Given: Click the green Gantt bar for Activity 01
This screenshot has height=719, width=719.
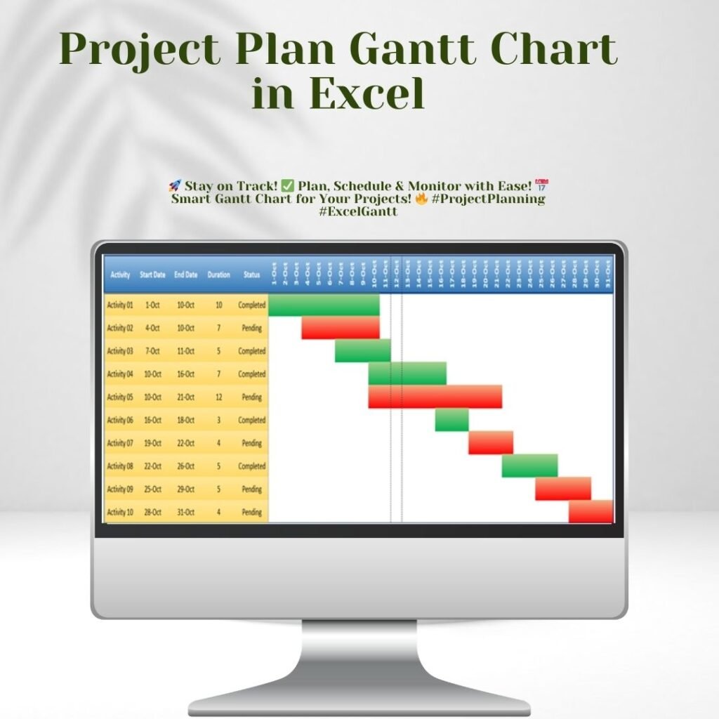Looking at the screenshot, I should click(324, 305).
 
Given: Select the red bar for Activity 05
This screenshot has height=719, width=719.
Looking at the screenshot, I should click(435, 397).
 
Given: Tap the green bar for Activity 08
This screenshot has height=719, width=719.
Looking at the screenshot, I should click(529, 466).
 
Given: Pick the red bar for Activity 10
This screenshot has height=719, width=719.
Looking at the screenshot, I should click(591, 512).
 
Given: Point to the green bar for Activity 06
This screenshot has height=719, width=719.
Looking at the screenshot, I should click(451, 420).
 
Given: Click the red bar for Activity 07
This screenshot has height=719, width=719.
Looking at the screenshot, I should click(491, 443).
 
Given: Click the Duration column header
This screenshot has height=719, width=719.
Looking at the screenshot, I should click(218, 275).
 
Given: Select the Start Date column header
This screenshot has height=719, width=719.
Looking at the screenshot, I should click(152, 275).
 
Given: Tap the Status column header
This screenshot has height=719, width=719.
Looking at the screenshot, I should click(251, 275).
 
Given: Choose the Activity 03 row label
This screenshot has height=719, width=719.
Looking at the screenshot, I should click(119, 351).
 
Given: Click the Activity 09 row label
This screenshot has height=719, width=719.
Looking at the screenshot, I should click(119, 489).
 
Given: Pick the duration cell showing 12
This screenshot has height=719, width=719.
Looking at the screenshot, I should click(218, 397).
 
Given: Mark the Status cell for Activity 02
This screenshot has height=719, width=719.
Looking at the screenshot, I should click(251, 328).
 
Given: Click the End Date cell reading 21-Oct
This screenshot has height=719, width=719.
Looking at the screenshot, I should click(185, 397).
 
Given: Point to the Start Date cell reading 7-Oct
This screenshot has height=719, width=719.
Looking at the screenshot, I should click(152, 351).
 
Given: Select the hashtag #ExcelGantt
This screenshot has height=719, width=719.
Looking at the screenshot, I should click(358, 211).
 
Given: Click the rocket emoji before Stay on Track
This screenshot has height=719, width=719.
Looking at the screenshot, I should click(175, 186).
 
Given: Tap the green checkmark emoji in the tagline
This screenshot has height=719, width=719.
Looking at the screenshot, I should click(287, 186).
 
